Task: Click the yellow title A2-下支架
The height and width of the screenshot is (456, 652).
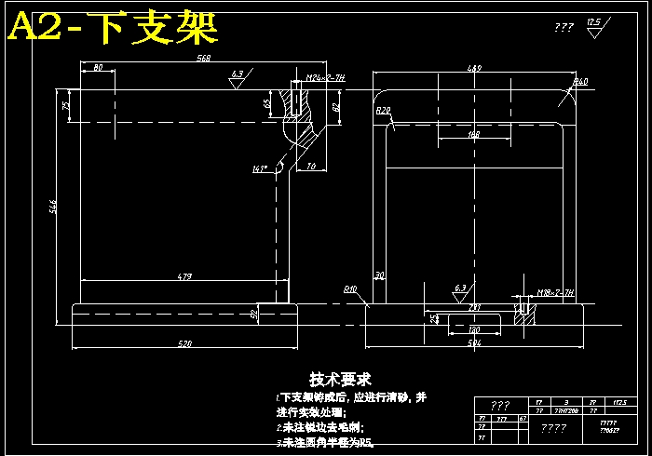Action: (113, 29)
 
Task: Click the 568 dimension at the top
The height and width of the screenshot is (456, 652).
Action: (204, 58)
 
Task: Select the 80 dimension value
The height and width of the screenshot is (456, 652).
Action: (97, 68)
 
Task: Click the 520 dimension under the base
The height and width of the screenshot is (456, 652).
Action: (184, 344)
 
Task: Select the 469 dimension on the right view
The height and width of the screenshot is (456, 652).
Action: (474, 68)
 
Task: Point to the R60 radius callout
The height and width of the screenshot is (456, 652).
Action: (580, 82)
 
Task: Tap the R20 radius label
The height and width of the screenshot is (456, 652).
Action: (382, 110)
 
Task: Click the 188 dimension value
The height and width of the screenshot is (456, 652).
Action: (474, 135)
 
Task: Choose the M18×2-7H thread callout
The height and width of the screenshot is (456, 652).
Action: (555, 292)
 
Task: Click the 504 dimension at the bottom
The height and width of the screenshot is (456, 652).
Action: (474, 344)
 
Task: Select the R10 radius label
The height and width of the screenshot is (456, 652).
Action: (350, 288)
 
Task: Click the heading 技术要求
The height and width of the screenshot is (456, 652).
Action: (340, 379)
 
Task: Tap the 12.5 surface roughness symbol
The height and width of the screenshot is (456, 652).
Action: (593, 25)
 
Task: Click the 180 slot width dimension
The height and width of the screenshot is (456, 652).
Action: (473, 330)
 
